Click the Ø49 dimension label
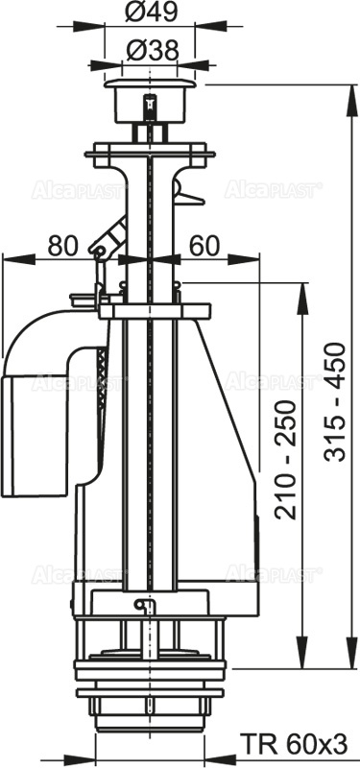(149, 13)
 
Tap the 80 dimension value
(62, 245)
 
